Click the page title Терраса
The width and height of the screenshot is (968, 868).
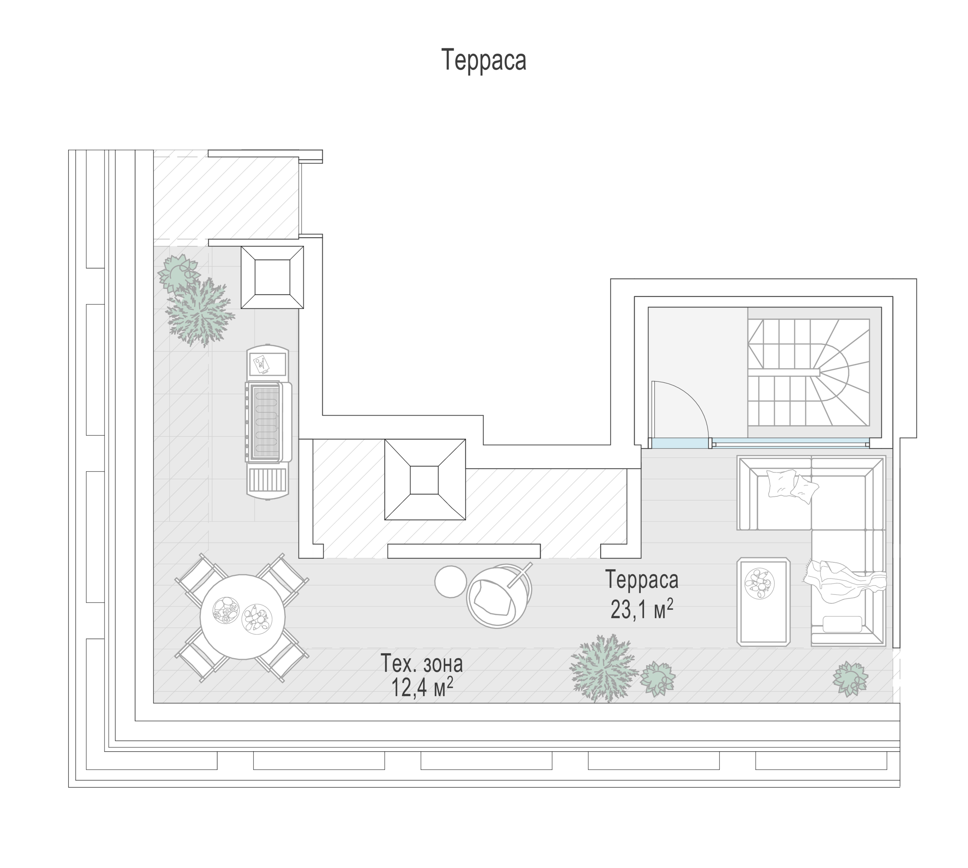(x=483, y=60)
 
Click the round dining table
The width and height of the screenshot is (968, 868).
(x=243, y=617)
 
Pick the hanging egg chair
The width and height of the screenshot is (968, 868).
(x=499, y=596)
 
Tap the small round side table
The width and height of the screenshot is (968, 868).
(x=450, y=581)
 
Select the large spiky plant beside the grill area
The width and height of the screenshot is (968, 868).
(x=200, y=312)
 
